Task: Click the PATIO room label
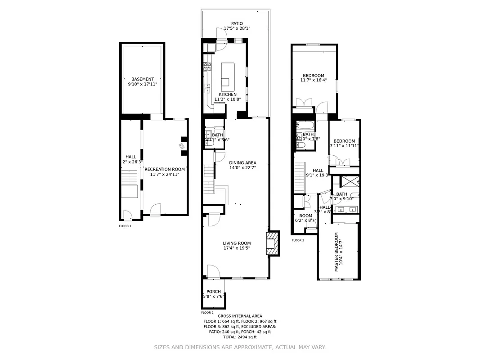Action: [237, 23]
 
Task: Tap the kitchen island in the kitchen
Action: [228, 76]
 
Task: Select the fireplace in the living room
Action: [272, 243]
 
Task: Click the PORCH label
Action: [214, 292]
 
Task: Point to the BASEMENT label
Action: [142, 79]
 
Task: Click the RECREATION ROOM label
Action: [165, 169]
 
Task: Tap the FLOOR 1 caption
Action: [125, 226]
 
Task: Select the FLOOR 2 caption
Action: [207, 312]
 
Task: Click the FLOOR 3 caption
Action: [298, 240]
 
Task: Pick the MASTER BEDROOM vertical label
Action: [336, 252]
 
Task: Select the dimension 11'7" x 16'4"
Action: [313, 80]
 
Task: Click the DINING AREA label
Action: [242, 163]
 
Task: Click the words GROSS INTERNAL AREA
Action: [240, 316]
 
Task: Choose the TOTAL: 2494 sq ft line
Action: [240, 337]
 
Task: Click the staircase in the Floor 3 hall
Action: [300, 176]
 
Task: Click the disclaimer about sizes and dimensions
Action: [240, 347]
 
